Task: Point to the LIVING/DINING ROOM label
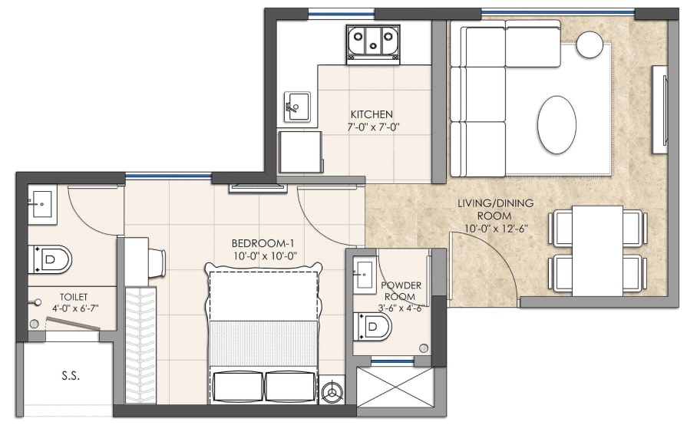[495, 209]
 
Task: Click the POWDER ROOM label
[401, 291]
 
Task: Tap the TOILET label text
[74, 296]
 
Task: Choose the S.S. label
[71, 376]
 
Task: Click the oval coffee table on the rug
[557, 124]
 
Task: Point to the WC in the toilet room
[52, 259]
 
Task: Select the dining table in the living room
[597, 250]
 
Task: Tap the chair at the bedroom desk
[156, 262]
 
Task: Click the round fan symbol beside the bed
[333, 391]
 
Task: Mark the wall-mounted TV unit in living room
[659, 109]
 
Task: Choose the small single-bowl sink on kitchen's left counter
[296, 104]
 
